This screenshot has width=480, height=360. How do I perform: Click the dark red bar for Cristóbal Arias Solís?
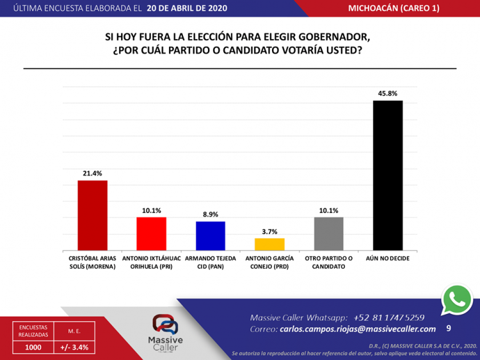[x=92, y=215]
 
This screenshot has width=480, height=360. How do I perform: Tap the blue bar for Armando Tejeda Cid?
[x=211, y=236]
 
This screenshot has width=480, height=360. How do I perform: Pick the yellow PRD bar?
[x=269, y=244]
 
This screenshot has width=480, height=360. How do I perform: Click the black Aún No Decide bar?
[x=388, y=175]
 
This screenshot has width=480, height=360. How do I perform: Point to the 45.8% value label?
[x=388, y=93]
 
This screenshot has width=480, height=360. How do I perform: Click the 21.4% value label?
[x=92, y=173]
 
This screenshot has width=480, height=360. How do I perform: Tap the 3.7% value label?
[x=269, y=231]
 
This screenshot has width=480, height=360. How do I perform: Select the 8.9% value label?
[x=211, y=214]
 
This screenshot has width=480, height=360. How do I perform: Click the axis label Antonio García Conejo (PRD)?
[x=269, y=262]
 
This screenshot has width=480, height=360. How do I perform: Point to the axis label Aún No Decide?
[x=388, y=258]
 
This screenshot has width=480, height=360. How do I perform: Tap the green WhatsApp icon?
[x=457, y=299]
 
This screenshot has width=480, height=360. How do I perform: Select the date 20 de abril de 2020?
[x=186, y=8]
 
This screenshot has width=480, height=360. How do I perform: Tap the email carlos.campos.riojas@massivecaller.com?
[x=358, y=329]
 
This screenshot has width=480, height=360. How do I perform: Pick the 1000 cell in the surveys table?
[x=33, y=347]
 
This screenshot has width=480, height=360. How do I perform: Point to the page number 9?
[x=448, y=328]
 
